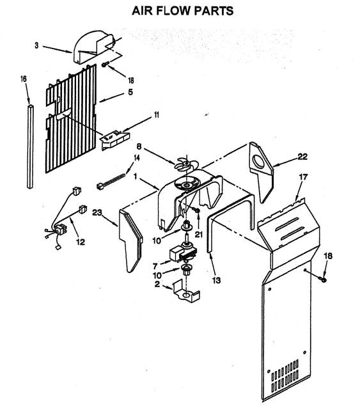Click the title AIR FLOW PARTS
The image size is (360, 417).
coord(183,11)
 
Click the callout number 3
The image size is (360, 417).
coord(36,45)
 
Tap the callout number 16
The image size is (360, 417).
coord(24,79)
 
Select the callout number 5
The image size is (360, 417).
coord(130,92)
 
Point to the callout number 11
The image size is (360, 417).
coord(157,115)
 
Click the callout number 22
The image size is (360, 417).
coord(302,157)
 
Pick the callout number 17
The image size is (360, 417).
coord(303,177)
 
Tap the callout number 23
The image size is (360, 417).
coord(97,212)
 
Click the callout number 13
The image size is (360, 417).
coord(217,279)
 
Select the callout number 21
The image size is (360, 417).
coord(199,234)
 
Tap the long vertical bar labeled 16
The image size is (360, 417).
coord(31,146)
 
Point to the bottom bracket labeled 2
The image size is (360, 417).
coord(186,291)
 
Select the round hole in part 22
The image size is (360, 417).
coord(258,162)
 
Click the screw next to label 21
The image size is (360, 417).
coord(197,210)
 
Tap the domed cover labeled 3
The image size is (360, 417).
coord(93,47)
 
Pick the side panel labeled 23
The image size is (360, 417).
coord(131,240)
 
